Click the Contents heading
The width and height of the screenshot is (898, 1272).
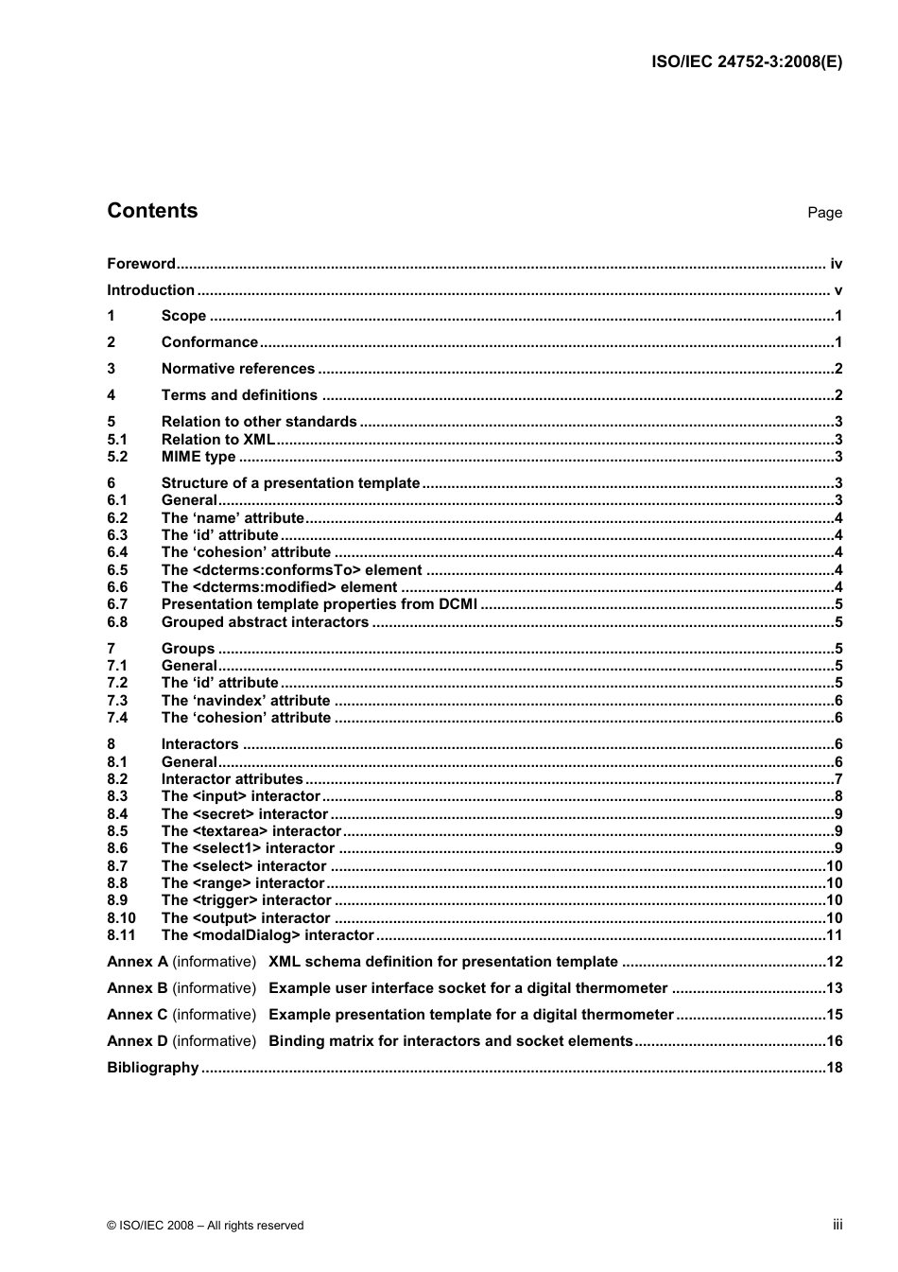[152, 211]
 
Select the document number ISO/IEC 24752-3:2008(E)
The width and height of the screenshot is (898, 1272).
[747, 62]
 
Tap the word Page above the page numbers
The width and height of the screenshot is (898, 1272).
[824, 213]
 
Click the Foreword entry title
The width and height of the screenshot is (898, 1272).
[141, 264]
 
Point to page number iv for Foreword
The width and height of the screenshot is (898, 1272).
[836, 264]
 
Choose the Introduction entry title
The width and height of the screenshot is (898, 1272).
[150, 290]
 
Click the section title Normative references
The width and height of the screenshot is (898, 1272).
[237, 369]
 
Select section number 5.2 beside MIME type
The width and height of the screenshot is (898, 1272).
[117, 457]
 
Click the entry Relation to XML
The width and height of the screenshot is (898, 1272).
[217, 439]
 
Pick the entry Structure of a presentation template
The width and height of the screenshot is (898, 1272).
[290, 483]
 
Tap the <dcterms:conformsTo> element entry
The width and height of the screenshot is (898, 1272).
[291, 570]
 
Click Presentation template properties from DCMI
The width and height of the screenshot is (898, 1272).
[319, 604]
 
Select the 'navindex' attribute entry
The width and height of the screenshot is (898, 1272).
[246, 701]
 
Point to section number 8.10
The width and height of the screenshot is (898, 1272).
[121, 918]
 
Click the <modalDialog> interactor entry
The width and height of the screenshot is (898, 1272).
[268, 935]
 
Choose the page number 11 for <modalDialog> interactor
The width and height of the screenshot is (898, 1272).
[834, 935]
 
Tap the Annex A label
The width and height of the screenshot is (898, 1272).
[137, 962]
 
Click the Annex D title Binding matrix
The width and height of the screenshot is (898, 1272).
[450, 1041]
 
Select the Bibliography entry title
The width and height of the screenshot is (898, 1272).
[152, 1068]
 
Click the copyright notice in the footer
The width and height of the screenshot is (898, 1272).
[205, 1226]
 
